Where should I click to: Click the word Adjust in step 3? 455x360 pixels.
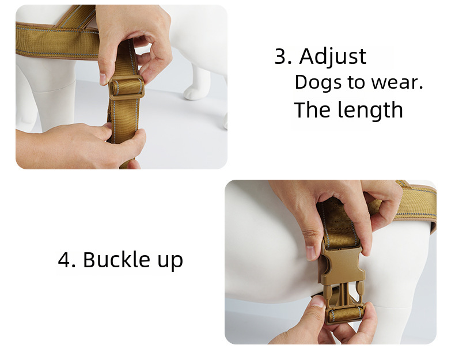(x=332, y=56)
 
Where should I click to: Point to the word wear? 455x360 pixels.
(x=397, y=82)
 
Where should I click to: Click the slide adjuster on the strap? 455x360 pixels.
(x=126, y=88)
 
